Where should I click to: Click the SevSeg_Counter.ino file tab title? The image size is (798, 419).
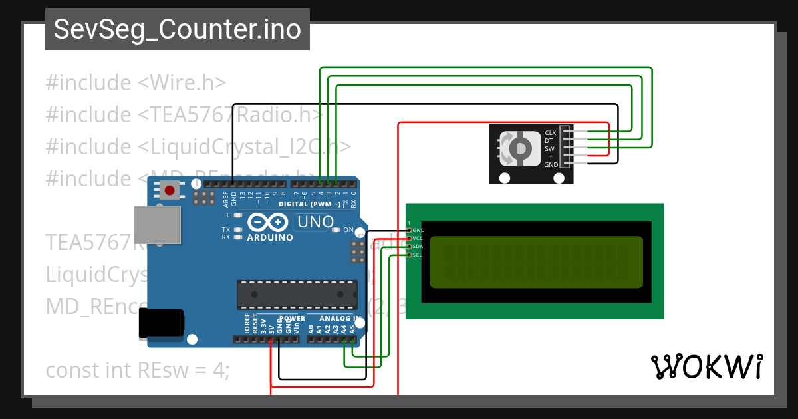[x=177, y=30]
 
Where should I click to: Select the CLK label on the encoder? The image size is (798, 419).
[x=550, y=132]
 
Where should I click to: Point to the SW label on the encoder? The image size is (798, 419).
[x=550, y=148]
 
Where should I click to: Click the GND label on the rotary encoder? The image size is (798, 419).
[x=551, y=164]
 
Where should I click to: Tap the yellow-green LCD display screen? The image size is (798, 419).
[x=535, y=262]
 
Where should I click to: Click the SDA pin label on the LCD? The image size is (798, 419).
[x=418, y=247]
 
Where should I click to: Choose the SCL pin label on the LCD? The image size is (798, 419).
[x=417, y=255]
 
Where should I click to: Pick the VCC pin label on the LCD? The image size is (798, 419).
[x=418, y=238]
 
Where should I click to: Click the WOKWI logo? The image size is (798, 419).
[x=707, y=366]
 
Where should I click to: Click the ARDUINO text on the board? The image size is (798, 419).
[x=270, y=237]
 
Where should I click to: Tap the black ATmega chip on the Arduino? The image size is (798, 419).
[x=297, y=295]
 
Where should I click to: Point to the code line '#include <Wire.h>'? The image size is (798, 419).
[x=136, y=83]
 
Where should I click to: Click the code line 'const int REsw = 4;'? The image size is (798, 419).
[x=138, y=370]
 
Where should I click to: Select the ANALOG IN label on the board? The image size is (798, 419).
[x=338, y=319]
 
